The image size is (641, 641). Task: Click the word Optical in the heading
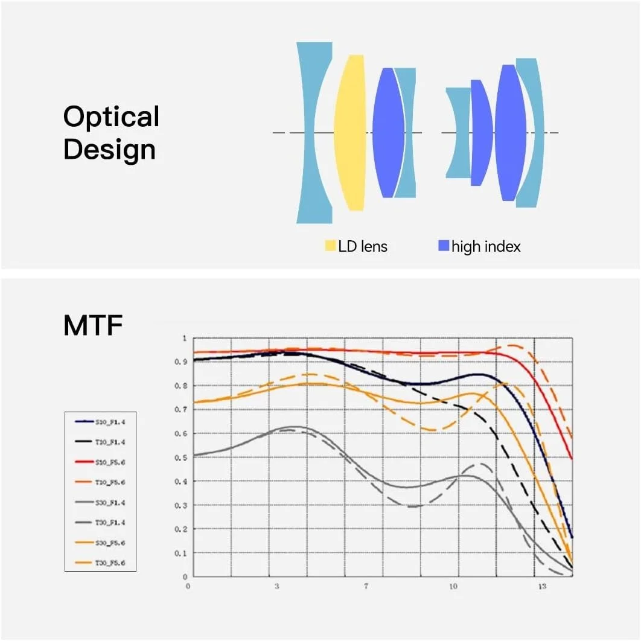(111, 117)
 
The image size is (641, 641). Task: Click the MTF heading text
(93, 326)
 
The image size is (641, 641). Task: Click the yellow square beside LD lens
(330, 246)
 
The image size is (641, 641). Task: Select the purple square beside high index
(444, 246)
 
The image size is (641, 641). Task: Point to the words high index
(486, 246)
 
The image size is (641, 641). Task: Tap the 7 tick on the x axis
(366, 586)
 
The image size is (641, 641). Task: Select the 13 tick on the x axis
(543, 586)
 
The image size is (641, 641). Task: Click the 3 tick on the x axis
(277, 586)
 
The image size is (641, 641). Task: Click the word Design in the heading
(109, 150)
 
